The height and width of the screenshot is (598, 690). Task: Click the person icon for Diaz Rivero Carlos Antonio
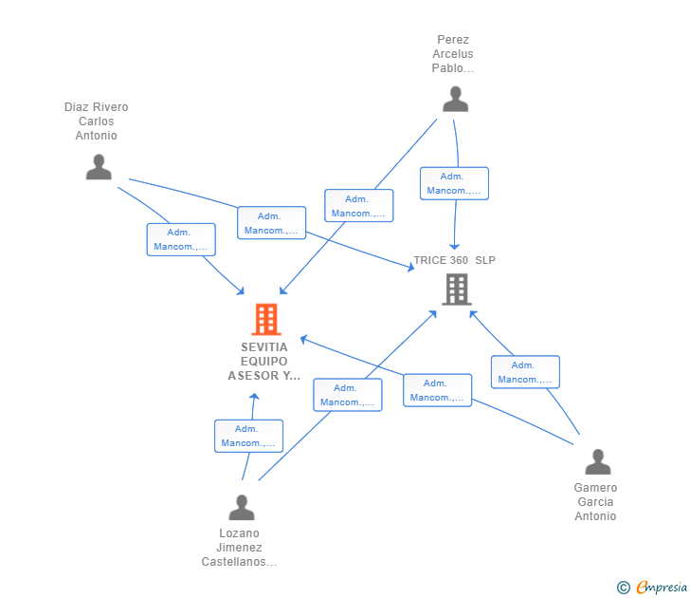99,167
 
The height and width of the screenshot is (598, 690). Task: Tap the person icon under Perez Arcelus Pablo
456,100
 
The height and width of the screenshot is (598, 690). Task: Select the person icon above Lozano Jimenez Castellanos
242,508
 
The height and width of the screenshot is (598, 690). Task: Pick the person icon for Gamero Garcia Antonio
598,462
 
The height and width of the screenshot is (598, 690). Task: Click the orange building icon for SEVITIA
266,320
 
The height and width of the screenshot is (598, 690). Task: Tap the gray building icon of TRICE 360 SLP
457,290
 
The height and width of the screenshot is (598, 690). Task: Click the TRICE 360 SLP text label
454,260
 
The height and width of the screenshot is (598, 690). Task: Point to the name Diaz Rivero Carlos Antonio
97,121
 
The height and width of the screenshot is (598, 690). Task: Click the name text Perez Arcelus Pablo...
453,54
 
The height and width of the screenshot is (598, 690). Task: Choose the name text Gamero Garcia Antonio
595,502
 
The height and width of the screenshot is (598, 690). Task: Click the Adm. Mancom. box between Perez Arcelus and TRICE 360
454,183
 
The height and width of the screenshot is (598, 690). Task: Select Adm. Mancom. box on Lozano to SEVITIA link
248,436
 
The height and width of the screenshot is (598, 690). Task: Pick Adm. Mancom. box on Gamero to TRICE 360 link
525,372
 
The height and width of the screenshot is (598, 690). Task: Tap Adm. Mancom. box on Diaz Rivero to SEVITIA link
180,239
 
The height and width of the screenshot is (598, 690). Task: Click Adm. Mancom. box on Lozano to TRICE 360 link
347,395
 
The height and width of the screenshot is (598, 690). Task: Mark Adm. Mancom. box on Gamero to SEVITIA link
437,390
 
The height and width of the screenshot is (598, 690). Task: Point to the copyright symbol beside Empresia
624,588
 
